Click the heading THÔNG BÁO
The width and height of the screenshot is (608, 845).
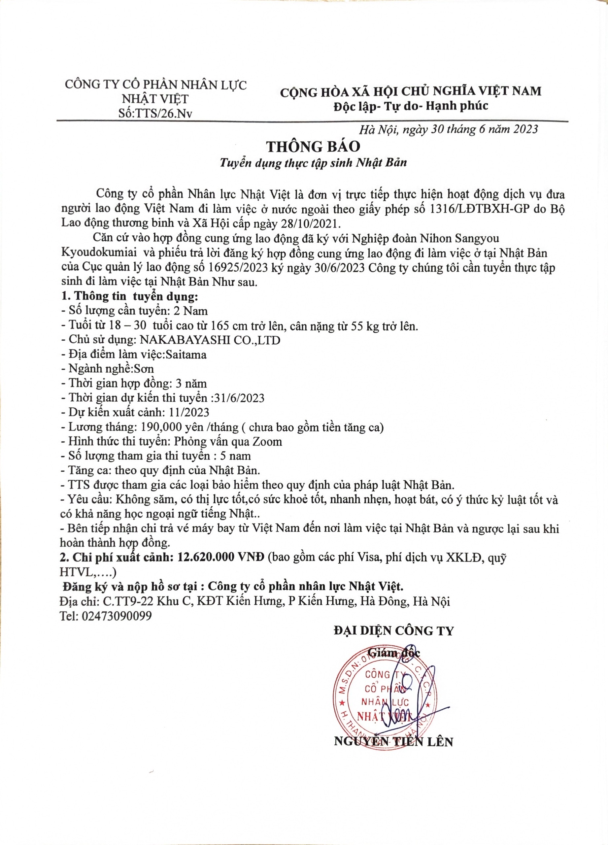(x=313, y=147)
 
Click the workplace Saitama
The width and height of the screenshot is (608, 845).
(x=186, y=354)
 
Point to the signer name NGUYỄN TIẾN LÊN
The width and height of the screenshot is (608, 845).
(x=393, y=742)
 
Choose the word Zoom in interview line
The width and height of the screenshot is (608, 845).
(x=267, y=442)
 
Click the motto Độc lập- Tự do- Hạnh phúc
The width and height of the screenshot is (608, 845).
(x=411, y=106)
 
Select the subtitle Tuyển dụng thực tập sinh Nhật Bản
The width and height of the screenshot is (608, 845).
(x=313, y=163)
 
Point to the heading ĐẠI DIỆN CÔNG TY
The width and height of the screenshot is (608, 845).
(x=393, y=631)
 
